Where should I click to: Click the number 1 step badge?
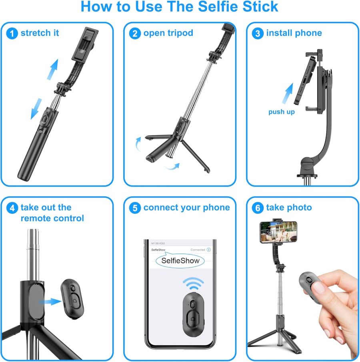[x=12, y=33]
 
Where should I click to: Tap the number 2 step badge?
[x=135, y=33]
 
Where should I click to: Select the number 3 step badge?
[x=258, y=33]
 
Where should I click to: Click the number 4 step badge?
[x=12, y=208]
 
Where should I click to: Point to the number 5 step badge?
[x=135, y=208]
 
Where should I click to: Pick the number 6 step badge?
[x=258, y=208]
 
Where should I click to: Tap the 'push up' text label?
[x=282, y=112]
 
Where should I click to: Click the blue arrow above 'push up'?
[x=288, y=93]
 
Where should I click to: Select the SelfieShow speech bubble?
[x=180, y=261]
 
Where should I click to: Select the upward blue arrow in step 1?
[x=52, y=69]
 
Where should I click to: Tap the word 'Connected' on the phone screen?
[x=198, y=250]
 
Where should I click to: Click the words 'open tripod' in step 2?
[x=168, y=33]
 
